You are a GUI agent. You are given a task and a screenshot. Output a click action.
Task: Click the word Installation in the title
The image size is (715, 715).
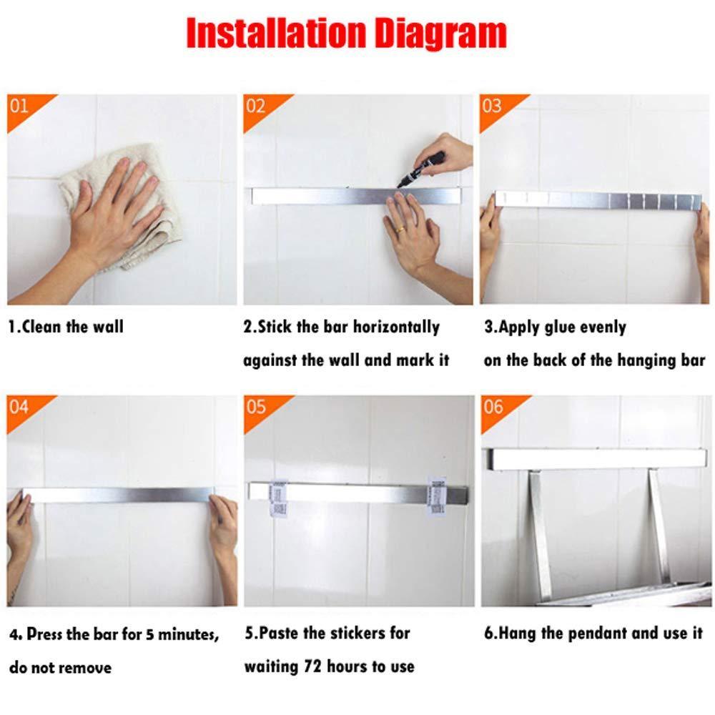(276, 32)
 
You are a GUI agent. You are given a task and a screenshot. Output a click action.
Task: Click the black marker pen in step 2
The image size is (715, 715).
(421, 169)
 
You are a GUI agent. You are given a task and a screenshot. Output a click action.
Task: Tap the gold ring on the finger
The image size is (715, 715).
(400, 230)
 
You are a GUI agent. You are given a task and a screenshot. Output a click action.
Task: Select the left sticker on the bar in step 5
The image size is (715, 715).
(278, 498)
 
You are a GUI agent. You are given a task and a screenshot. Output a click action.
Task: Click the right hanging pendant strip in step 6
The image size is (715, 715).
(659, 527)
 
